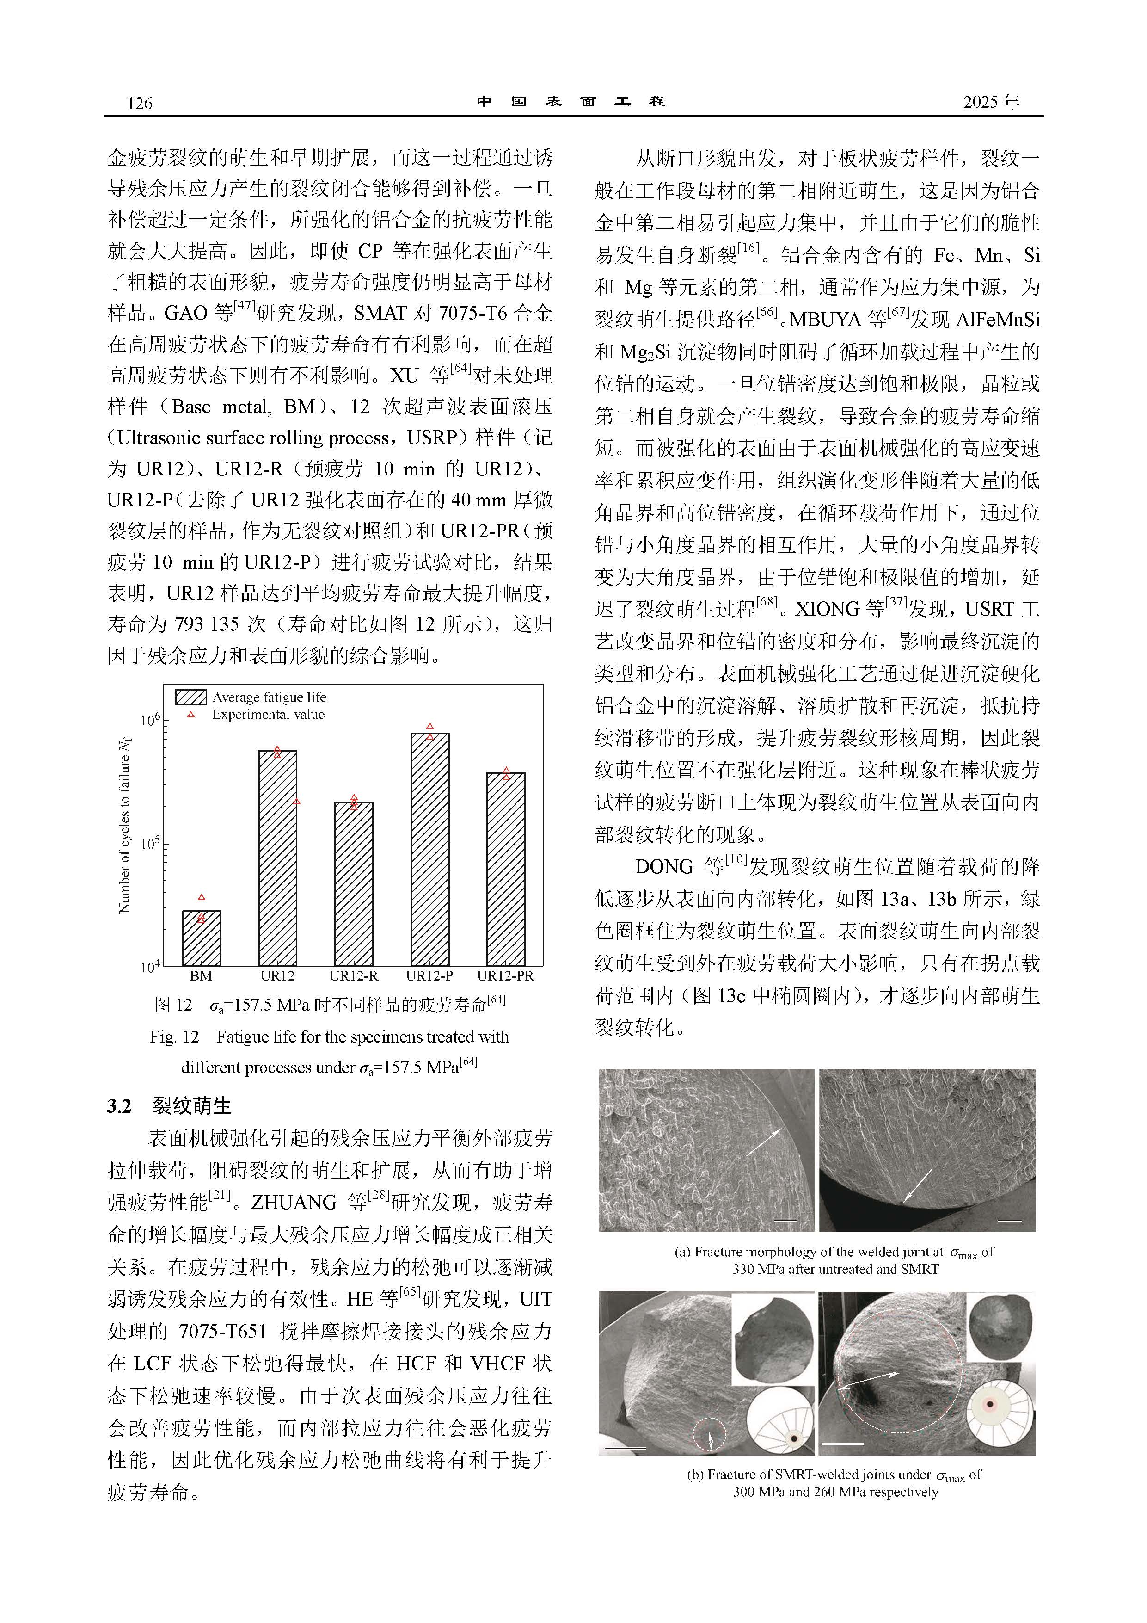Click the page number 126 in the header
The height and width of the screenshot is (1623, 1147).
point(139,103)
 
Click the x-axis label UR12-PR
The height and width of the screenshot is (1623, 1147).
point(505,976)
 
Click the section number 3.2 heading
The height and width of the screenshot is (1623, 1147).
point(119,1105)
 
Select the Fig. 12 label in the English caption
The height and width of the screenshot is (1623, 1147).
point(174,1037)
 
